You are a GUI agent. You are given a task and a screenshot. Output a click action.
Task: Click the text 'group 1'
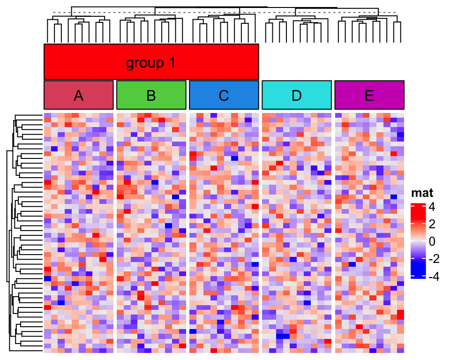click(x=151, y=63)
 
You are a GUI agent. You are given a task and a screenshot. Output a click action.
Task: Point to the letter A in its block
click(x=79, y=96)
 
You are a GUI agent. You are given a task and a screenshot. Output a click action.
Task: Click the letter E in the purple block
click(x=369, y=96)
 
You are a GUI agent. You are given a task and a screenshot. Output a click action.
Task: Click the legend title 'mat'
click(x=422, y=193)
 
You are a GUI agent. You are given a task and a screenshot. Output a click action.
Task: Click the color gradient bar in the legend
click(x=418, y=241)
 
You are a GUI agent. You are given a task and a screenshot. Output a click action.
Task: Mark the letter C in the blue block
click(x=224, y=96)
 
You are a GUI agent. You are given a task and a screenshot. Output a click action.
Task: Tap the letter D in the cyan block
click(x=297, y=96)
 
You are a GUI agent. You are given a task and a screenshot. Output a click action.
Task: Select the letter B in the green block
click(x=151, y=96)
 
